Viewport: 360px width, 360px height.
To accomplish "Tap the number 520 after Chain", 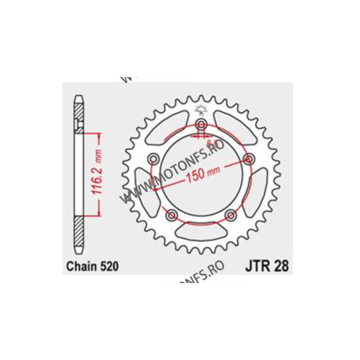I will pyautogui.click(x=109, y=266).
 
